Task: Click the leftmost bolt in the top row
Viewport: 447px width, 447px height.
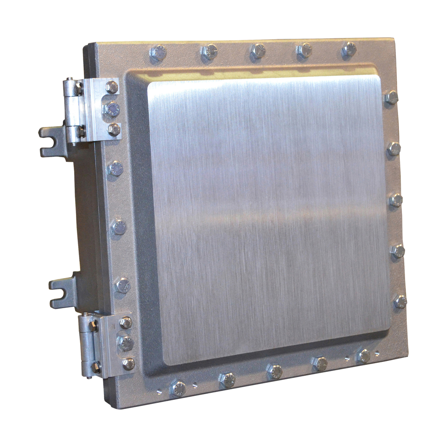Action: pos(158,53)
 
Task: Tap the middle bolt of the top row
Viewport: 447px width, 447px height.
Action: pos(258,50)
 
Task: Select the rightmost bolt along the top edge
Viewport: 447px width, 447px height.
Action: pos(349,49)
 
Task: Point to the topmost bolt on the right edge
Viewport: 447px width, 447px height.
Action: pos(391,97)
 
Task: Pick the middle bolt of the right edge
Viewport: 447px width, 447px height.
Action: pos(396,200)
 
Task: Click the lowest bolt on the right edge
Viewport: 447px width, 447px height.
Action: pos(400,301)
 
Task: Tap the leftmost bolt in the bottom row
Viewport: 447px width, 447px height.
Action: pos(178,388)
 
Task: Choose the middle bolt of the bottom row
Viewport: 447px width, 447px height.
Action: pos(274,371)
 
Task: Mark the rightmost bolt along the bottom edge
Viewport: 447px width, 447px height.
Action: pos(363,355)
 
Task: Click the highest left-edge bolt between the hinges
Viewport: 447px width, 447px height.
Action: pos(116,168)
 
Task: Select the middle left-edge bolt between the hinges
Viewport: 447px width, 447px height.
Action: pos(118,227)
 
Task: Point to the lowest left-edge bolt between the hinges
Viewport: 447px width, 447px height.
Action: pos(122,285)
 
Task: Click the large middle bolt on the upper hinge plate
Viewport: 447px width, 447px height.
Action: pos(112,109)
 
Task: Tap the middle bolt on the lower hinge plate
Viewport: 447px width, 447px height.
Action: pos(125,343)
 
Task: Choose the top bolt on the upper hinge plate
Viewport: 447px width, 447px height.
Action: pos(112,87)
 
